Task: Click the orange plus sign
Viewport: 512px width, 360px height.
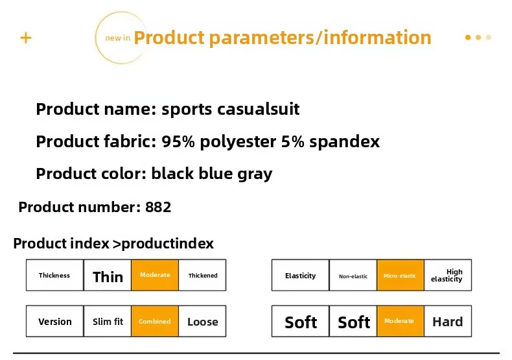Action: [26, 38]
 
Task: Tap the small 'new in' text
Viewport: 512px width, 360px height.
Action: [117, 38]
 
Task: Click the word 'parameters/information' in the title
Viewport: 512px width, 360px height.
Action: [320, 38]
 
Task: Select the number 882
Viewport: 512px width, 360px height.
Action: [158, 207]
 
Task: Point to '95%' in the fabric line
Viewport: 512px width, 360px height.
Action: [178, 141]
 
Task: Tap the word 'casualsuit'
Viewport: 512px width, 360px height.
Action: [259, 109]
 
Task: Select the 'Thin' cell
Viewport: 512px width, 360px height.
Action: [108, 275]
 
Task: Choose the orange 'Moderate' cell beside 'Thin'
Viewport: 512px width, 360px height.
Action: [155, 275]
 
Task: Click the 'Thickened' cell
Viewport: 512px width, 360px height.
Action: [202, 275]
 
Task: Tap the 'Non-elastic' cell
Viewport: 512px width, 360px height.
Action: [353, 275]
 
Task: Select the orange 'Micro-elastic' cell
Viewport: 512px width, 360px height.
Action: [401, 275]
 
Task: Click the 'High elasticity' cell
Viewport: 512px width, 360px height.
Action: [448, 275]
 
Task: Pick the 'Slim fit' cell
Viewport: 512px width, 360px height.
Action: [108, 321]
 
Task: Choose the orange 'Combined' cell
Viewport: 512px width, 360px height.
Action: [155, 321]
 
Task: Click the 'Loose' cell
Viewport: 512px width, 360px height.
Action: [202, 321]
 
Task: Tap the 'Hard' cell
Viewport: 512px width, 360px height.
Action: [448, 321]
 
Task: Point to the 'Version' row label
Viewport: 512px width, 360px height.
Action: [55, 321]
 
